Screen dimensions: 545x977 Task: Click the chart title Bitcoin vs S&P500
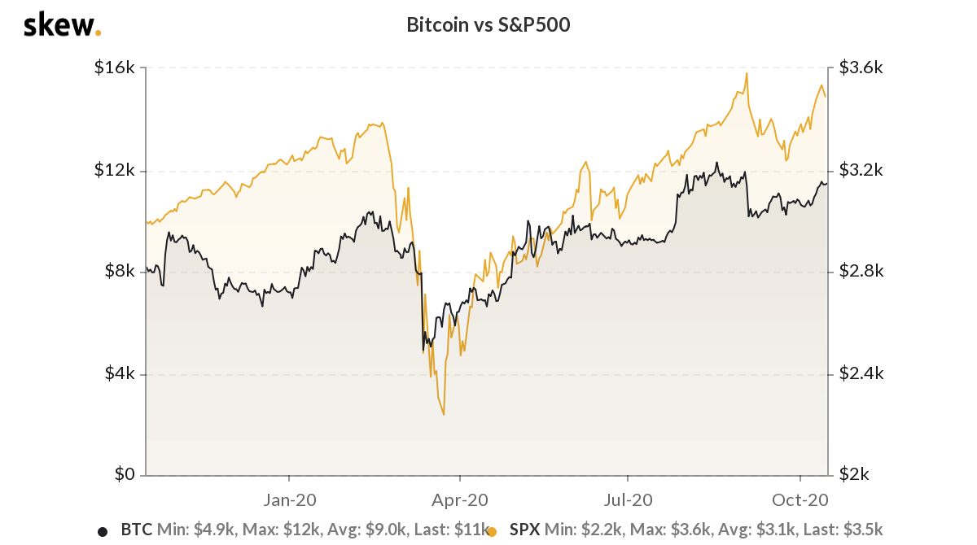(488, 25)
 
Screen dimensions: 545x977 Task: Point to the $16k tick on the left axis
(115, 68)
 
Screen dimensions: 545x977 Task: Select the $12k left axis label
(115, 170)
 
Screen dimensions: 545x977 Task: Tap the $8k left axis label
(119, 272)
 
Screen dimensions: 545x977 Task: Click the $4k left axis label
(119, 374)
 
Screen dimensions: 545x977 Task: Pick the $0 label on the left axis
(123, 475)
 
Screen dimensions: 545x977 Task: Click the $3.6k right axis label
(861, 68)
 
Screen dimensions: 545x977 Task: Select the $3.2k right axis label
(861, 170)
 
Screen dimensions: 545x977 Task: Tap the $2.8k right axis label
(861, 272)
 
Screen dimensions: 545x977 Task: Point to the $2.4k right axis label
(861, 374)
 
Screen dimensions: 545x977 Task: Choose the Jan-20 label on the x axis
(290, 499)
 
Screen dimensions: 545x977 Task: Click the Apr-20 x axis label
(460, 499)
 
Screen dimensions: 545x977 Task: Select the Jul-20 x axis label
(629, 499)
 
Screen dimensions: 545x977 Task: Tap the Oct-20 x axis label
(800, 499)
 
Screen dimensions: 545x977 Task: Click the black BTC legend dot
(103, 532)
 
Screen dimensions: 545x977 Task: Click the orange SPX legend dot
(492, 532)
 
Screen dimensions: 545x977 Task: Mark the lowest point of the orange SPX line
(444, 415)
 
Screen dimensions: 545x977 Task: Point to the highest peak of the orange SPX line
(746, 73)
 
